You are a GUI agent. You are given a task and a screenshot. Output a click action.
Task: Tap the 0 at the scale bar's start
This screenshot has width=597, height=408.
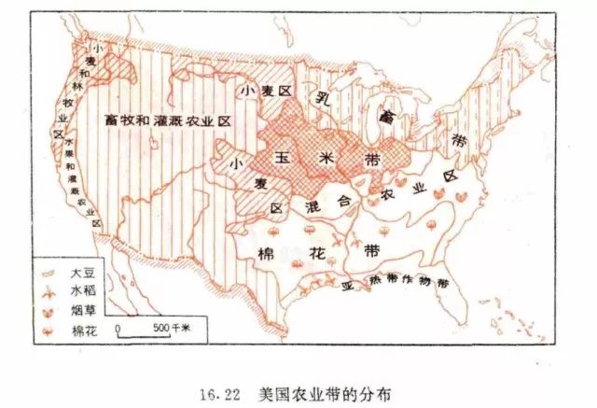(x=119, y=329)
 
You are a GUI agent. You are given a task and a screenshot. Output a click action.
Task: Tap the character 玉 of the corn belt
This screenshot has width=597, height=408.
(x=290, y=160)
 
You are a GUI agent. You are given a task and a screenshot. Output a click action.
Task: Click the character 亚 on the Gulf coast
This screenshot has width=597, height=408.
(x=345, y=283)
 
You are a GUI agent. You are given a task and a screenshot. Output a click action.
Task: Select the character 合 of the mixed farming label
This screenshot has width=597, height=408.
(x=343, y=201)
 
